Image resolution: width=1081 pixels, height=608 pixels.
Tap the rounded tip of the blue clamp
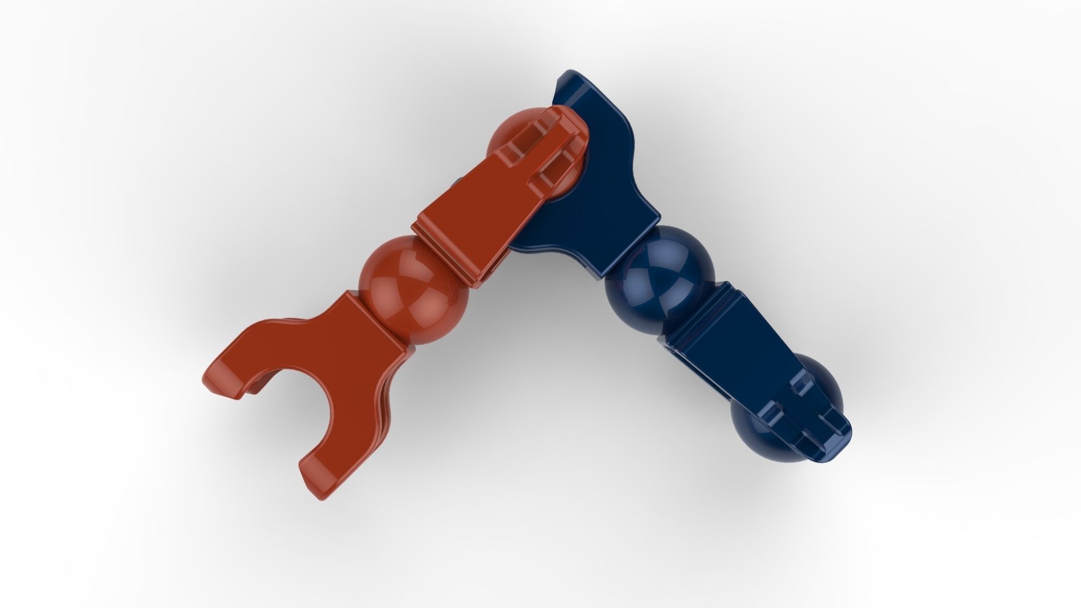pos(833,445)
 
